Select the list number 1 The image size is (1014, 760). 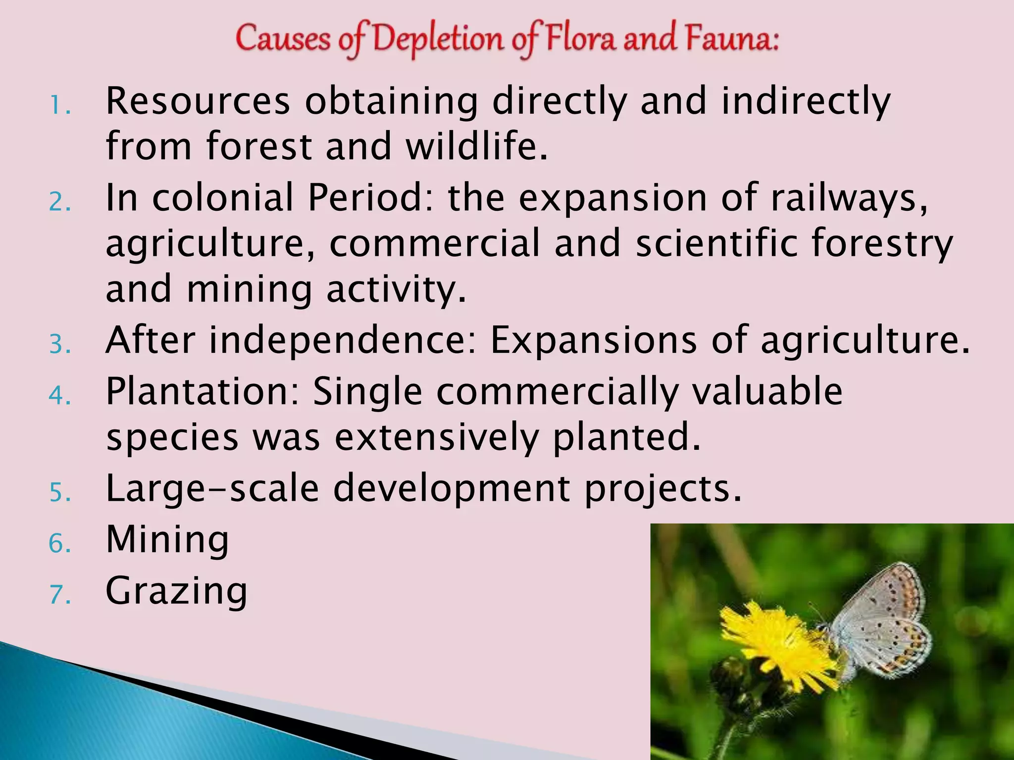60,105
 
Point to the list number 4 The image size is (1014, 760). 60,395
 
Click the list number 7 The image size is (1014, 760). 60,594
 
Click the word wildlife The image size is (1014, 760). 477,146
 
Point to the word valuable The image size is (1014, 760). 767,391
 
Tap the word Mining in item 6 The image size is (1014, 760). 167,540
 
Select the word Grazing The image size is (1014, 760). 176,591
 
